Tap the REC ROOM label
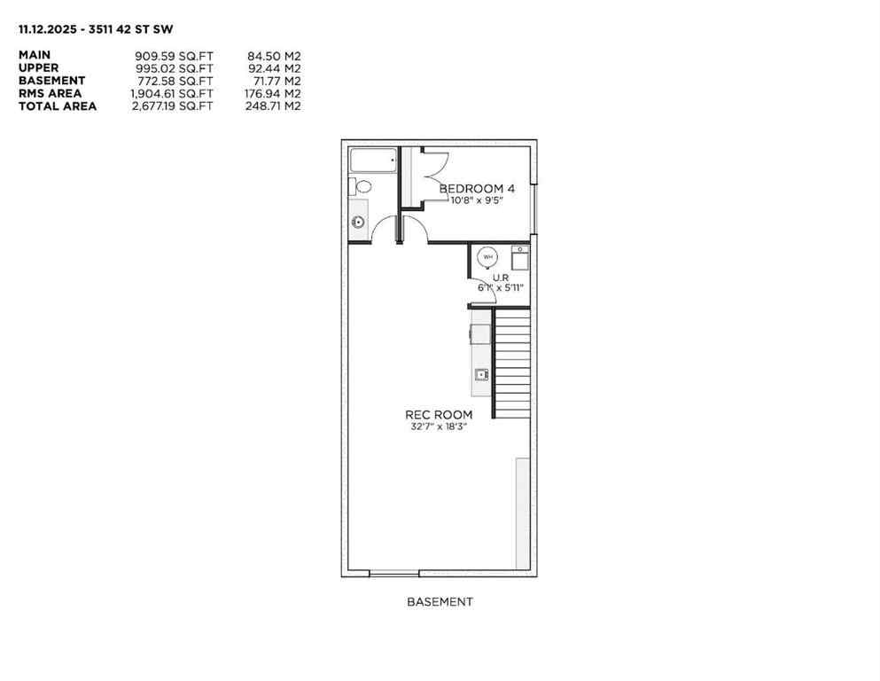[x=439, y=414]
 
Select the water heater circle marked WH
[x=487, y=256]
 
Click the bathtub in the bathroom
[x=373, y=161]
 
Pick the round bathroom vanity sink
[x=358, y=222]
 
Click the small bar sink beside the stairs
[x=481, y=374]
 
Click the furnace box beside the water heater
[x=518, y=257]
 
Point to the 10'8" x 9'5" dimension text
[x=477, y=200]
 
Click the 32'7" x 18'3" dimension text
[x=439, y=426]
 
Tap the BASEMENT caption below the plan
[x=440, y=601]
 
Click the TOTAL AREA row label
[x=58, y=106]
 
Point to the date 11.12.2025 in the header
[x=49, y=28]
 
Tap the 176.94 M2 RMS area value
[x=272, y=93]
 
